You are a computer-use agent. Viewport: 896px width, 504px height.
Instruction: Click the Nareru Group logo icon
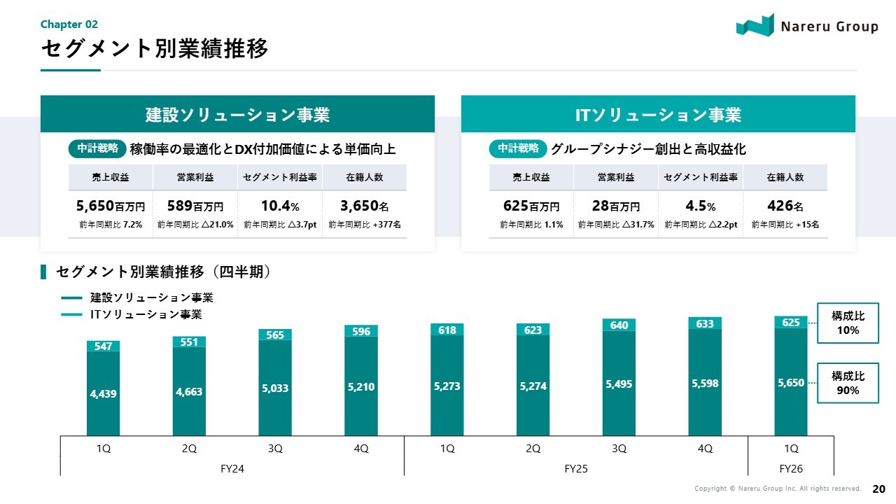point(755,25)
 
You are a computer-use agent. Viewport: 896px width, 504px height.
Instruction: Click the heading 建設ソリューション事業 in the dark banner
point(237,115)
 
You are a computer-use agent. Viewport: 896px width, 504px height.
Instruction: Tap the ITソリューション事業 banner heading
point(658,115)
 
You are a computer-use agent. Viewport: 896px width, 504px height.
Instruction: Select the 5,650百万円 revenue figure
point(111,206)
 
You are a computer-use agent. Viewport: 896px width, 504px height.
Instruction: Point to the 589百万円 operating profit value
point(195,206)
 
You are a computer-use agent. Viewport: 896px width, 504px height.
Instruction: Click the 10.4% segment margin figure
point(280,206)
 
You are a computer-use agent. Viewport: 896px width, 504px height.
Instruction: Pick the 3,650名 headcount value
point(364,206)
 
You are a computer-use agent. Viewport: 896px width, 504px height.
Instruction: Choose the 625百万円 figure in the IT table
point(531,206)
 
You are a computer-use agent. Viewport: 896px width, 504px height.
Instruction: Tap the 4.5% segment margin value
point(701,206)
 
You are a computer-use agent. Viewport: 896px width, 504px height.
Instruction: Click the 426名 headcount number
point(785,206)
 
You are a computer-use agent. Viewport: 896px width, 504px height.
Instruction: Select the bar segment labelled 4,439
point(104,393)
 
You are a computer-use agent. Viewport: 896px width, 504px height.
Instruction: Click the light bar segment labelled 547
point(104,346)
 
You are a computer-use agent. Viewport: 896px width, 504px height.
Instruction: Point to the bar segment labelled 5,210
point(361,386)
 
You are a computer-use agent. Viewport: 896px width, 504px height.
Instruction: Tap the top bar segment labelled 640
point(619,325)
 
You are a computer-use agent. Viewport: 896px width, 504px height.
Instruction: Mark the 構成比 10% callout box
point(848,323)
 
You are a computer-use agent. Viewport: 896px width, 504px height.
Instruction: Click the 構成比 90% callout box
point(848,383)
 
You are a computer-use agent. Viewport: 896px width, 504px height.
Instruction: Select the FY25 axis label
point(576,468)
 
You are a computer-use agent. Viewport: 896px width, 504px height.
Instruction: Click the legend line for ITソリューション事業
point(72,315)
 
